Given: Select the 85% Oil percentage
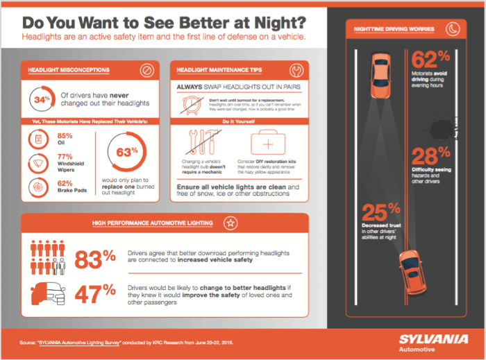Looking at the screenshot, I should click(65, 136).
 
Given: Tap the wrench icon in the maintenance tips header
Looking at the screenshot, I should click(295, 71).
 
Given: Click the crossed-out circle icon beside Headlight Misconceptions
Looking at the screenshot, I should click(146, 71).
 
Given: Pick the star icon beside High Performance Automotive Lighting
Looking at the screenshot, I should click(230, 223).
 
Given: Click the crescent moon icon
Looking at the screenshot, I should click(452, 29).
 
